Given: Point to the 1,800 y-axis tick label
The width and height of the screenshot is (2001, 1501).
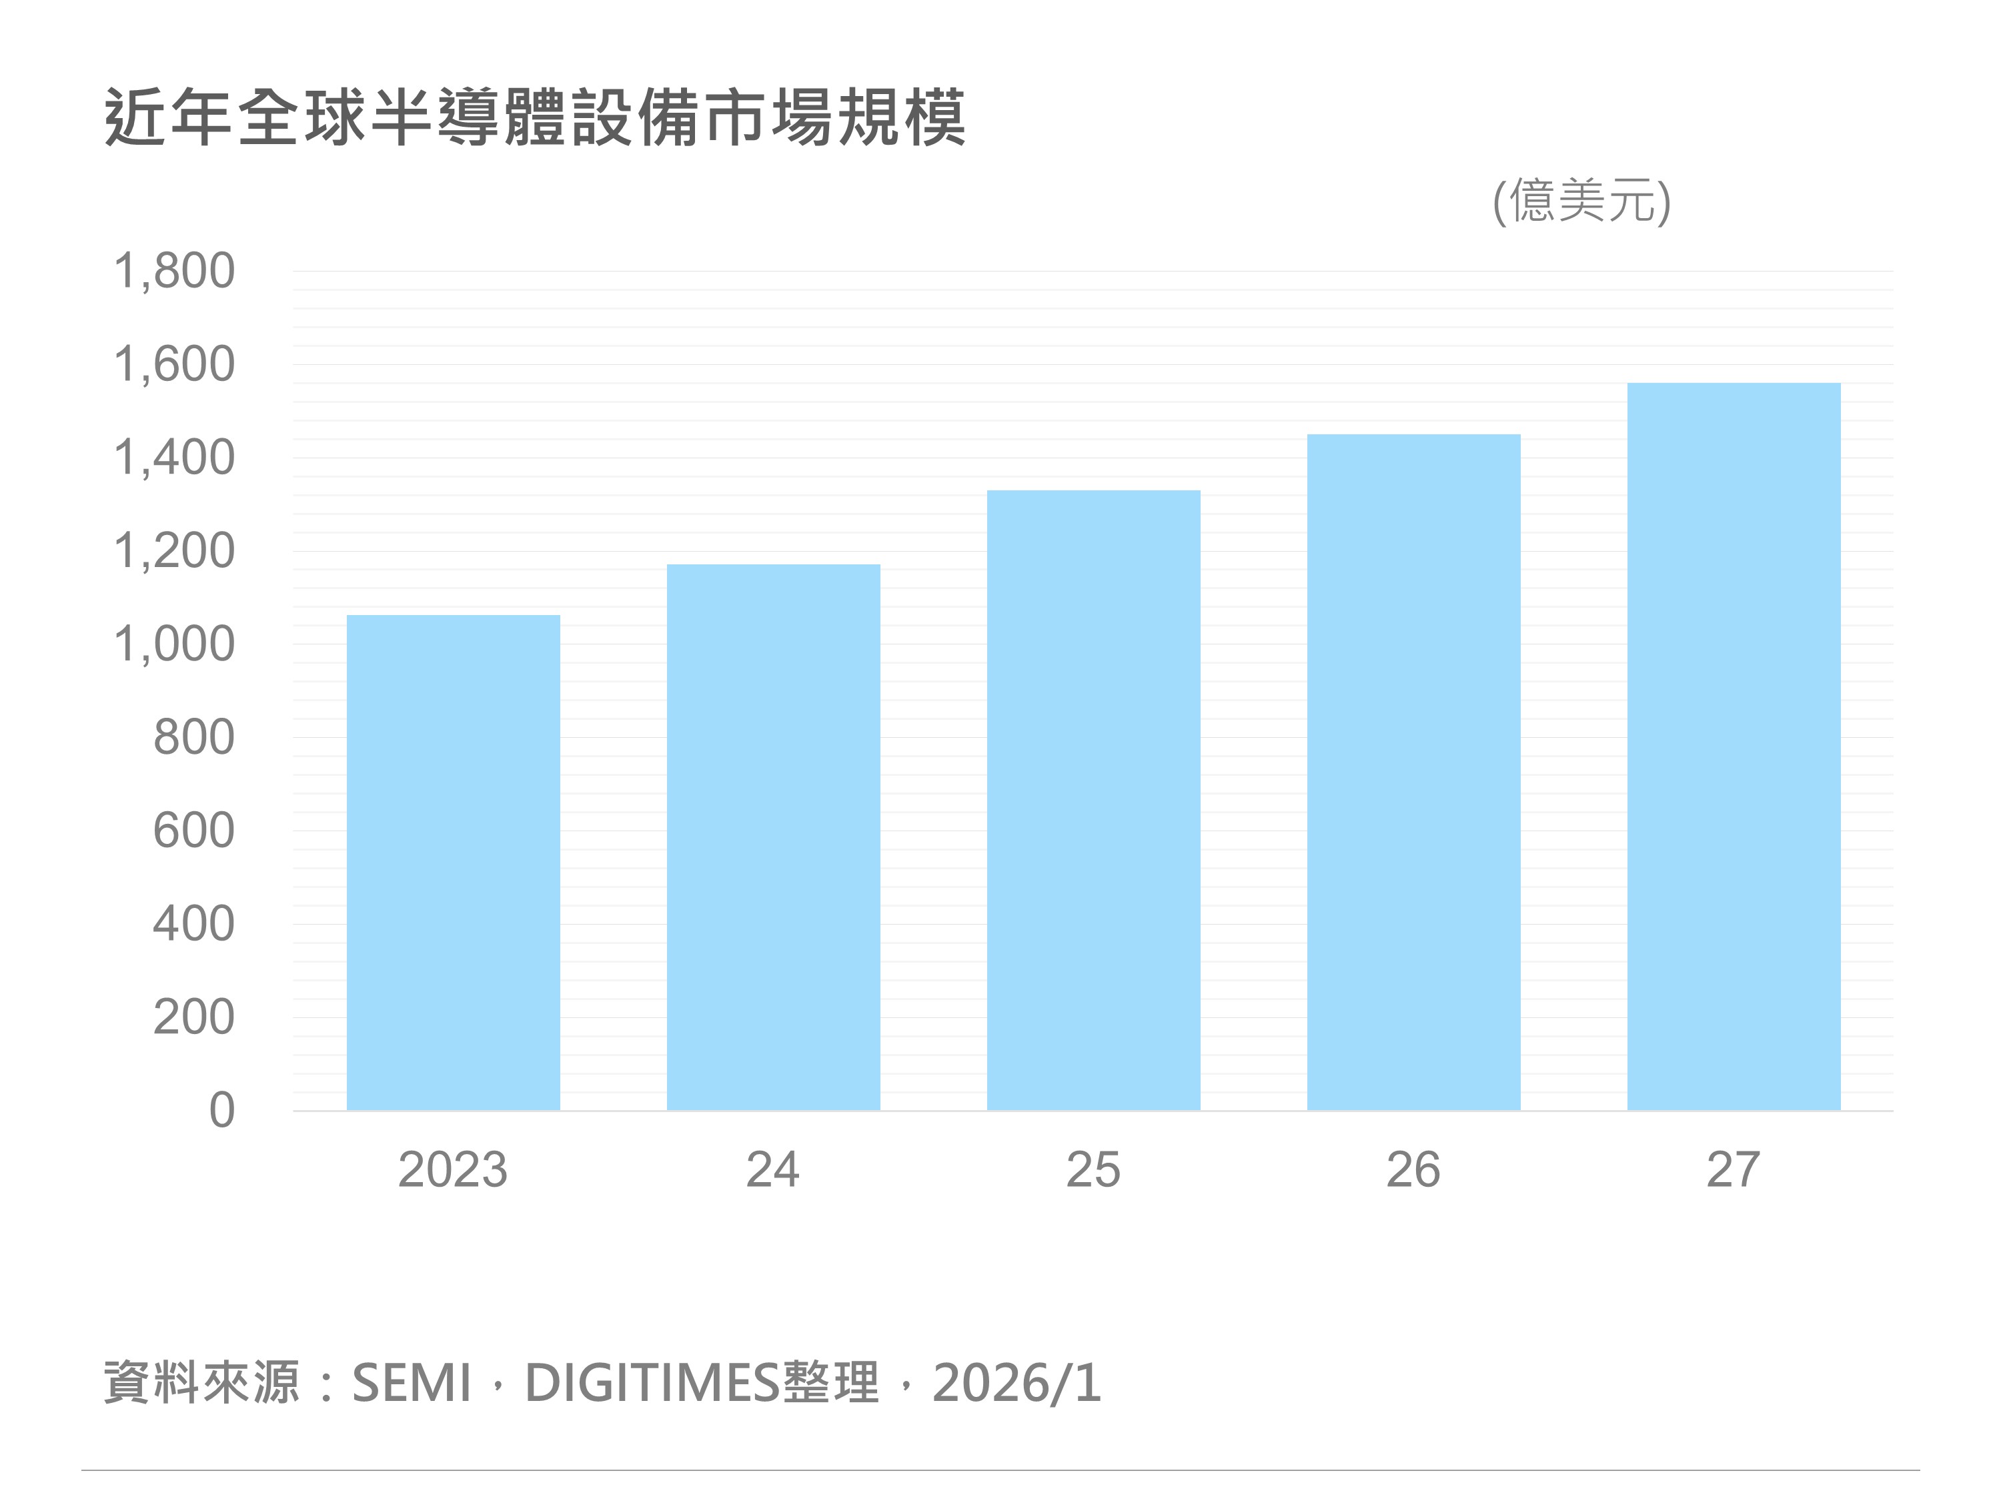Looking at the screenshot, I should point(173,271).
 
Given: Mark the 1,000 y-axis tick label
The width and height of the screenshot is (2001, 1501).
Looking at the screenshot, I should point(173,644).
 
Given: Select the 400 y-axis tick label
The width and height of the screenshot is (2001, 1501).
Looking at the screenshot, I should point(193,924).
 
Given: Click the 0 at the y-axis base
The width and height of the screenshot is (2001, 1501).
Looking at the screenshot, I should point(221,1110).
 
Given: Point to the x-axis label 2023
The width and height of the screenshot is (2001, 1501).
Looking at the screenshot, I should point(452,1170).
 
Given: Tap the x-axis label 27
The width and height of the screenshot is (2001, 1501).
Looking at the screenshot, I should point(1734,1170).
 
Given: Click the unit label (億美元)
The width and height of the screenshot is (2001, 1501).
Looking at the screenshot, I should point(1581,201).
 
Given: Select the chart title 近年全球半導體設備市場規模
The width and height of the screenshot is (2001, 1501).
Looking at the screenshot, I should point(536,117).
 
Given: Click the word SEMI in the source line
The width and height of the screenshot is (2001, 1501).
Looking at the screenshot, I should point(412,1384).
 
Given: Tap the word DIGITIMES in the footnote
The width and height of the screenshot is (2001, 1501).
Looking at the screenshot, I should point(651,1384).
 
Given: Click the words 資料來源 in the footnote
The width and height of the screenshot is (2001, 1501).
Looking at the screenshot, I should point(201,1384).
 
